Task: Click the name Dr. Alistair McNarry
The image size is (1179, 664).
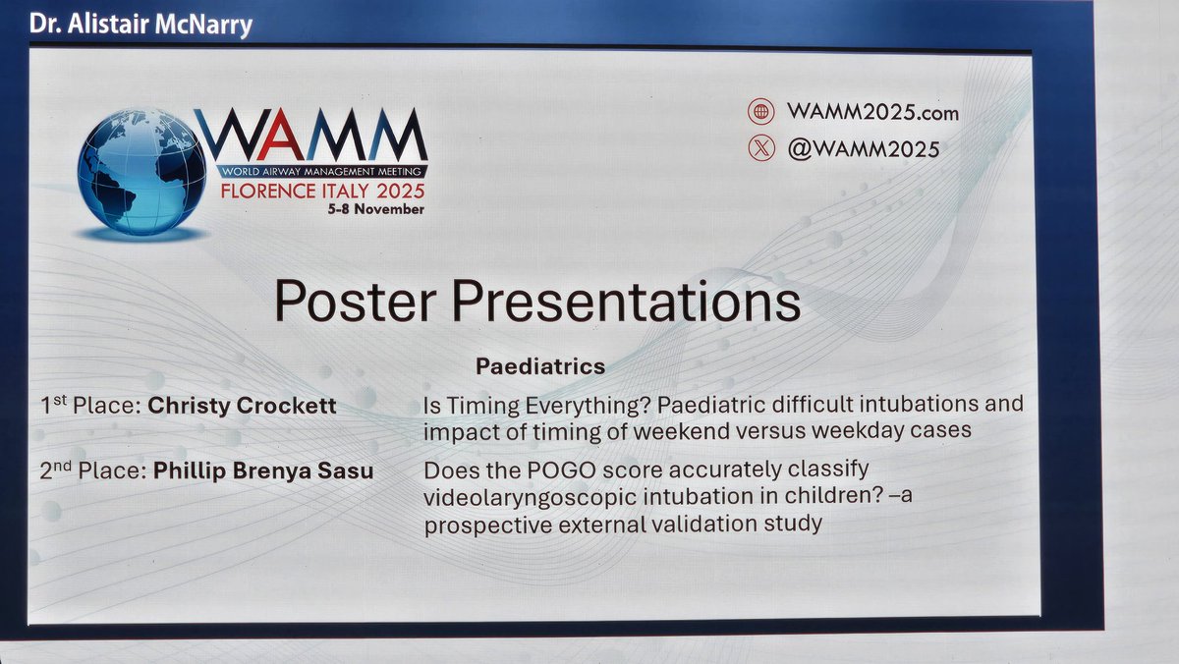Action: click(140, 24)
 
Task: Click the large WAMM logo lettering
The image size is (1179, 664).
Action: click(311, 135)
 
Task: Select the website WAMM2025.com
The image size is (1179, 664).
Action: click(871, 112)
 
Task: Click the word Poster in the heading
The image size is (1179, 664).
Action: click(359, 302)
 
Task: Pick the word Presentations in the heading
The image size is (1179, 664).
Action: click(629, 302)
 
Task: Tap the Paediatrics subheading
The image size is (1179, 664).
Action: click(540, 366)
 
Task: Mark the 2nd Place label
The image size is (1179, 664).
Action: click(93, 471)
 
